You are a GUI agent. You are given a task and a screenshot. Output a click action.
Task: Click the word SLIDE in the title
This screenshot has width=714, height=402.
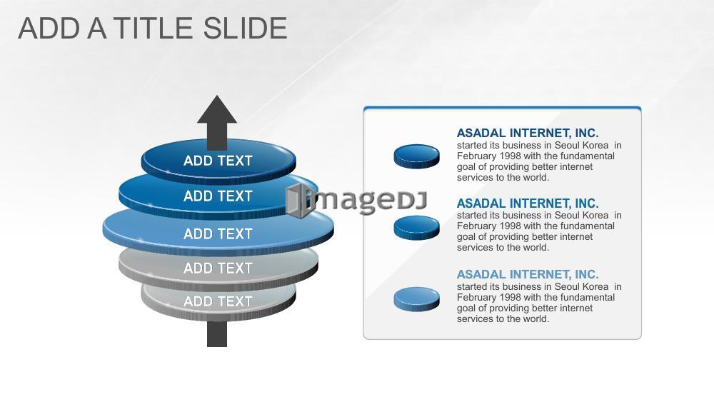point(245,29)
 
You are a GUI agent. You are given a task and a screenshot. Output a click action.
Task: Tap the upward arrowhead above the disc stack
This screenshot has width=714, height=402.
point(217,109)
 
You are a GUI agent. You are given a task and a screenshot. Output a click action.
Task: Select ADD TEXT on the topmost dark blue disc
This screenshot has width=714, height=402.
point(218,161)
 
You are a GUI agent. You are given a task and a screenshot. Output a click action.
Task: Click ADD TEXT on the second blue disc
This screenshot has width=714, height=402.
point(218,196)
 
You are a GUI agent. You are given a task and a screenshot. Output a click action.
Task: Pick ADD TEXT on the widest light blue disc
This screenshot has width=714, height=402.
point(218,234)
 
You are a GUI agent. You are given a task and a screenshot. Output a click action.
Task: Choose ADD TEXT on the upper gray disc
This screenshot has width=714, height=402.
point(218,268)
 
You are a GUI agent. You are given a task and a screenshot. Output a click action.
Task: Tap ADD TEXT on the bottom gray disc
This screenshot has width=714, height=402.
point(218,301)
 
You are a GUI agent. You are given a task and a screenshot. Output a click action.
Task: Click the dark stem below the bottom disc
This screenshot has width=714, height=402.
point(217,333)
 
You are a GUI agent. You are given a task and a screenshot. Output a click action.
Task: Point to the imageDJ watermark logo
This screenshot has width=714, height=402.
point(356,201)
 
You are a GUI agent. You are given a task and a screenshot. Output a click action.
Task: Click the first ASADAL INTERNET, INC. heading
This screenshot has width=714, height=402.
point(528,133)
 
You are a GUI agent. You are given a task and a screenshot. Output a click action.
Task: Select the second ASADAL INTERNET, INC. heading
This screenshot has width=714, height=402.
point(528,203)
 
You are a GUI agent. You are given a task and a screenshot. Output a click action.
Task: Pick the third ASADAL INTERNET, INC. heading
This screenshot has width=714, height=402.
point(528,274)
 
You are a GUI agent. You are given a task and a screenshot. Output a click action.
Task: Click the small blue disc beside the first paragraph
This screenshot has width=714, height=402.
point(417,156)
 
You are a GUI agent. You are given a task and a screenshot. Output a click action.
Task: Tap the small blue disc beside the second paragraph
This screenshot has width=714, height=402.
point(417,228)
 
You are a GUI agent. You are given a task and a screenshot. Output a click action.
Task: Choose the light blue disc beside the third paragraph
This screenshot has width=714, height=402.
point(417,299)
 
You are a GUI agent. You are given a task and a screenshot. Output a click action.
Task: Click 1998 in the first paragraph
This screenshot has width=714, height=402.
point(510,156)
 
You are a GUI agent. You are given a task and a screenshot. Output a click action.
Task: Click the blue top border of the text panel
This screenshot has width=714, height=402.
point(502,108)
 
